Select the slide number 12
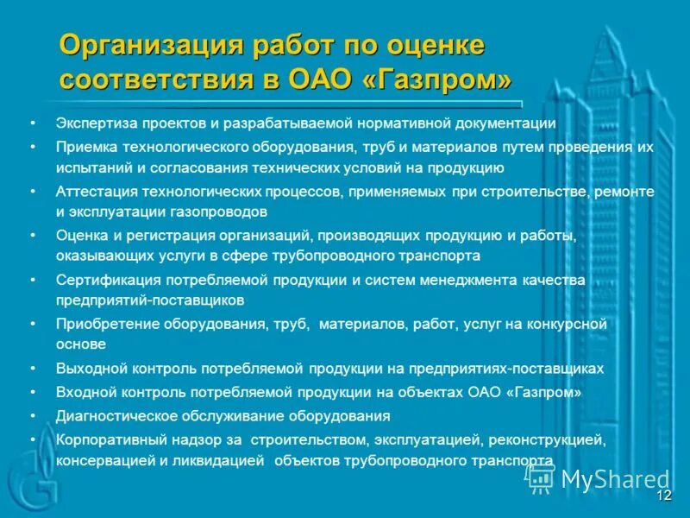point(663,496)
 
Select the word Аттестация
point(94,192)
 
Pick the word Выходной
point(91,369)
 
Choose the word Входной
point(87,392)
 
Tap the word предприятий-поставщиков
point(150,300)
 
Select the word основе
point(81,344)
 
